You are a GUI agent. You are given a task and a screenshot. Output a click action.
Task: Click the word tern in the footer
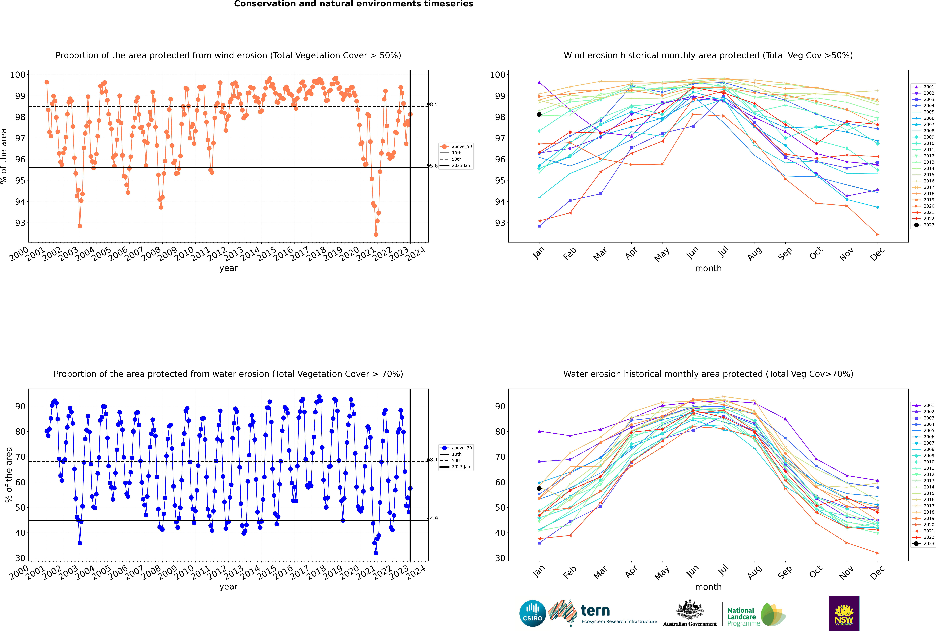pyautogui.click(x=595, y=611)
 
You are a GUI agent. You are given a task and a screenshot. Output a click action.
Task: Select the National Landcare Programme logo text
pyautogui.click(x=741, y=617)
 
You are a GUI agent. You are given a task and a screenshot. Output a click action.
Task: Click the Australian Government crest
pyautogui.click(x=690, y=610)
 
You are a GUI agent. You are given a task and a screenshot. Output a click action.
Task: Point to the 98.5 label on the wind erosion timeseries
pyautogui.click(x=432, y=105)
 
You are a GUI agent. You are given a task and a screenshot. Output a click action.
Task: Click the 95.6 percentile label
pyautogui.click(x=432, y=166)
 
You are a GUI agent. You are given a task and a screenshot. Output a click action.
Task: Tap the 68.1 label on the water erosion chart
pyautogui.click(x=432, y=460)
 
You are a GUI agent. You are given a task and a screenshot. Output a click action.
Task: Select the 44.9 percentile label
pyautogui.click(x=432, y=518)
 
